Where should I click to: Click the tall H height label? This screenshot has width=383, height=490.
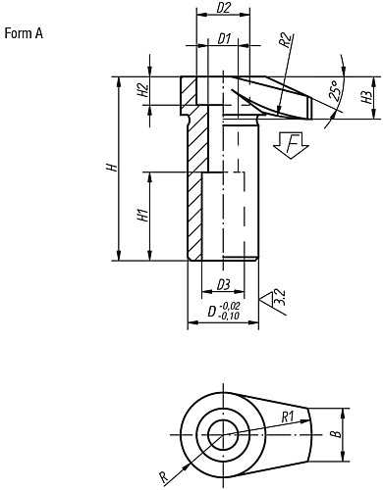point(112,168)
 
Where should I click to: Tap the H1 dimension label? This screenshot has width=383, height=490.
point(142,216)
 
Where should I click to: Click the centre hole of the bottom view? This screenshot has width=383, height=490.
point(221,434)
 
